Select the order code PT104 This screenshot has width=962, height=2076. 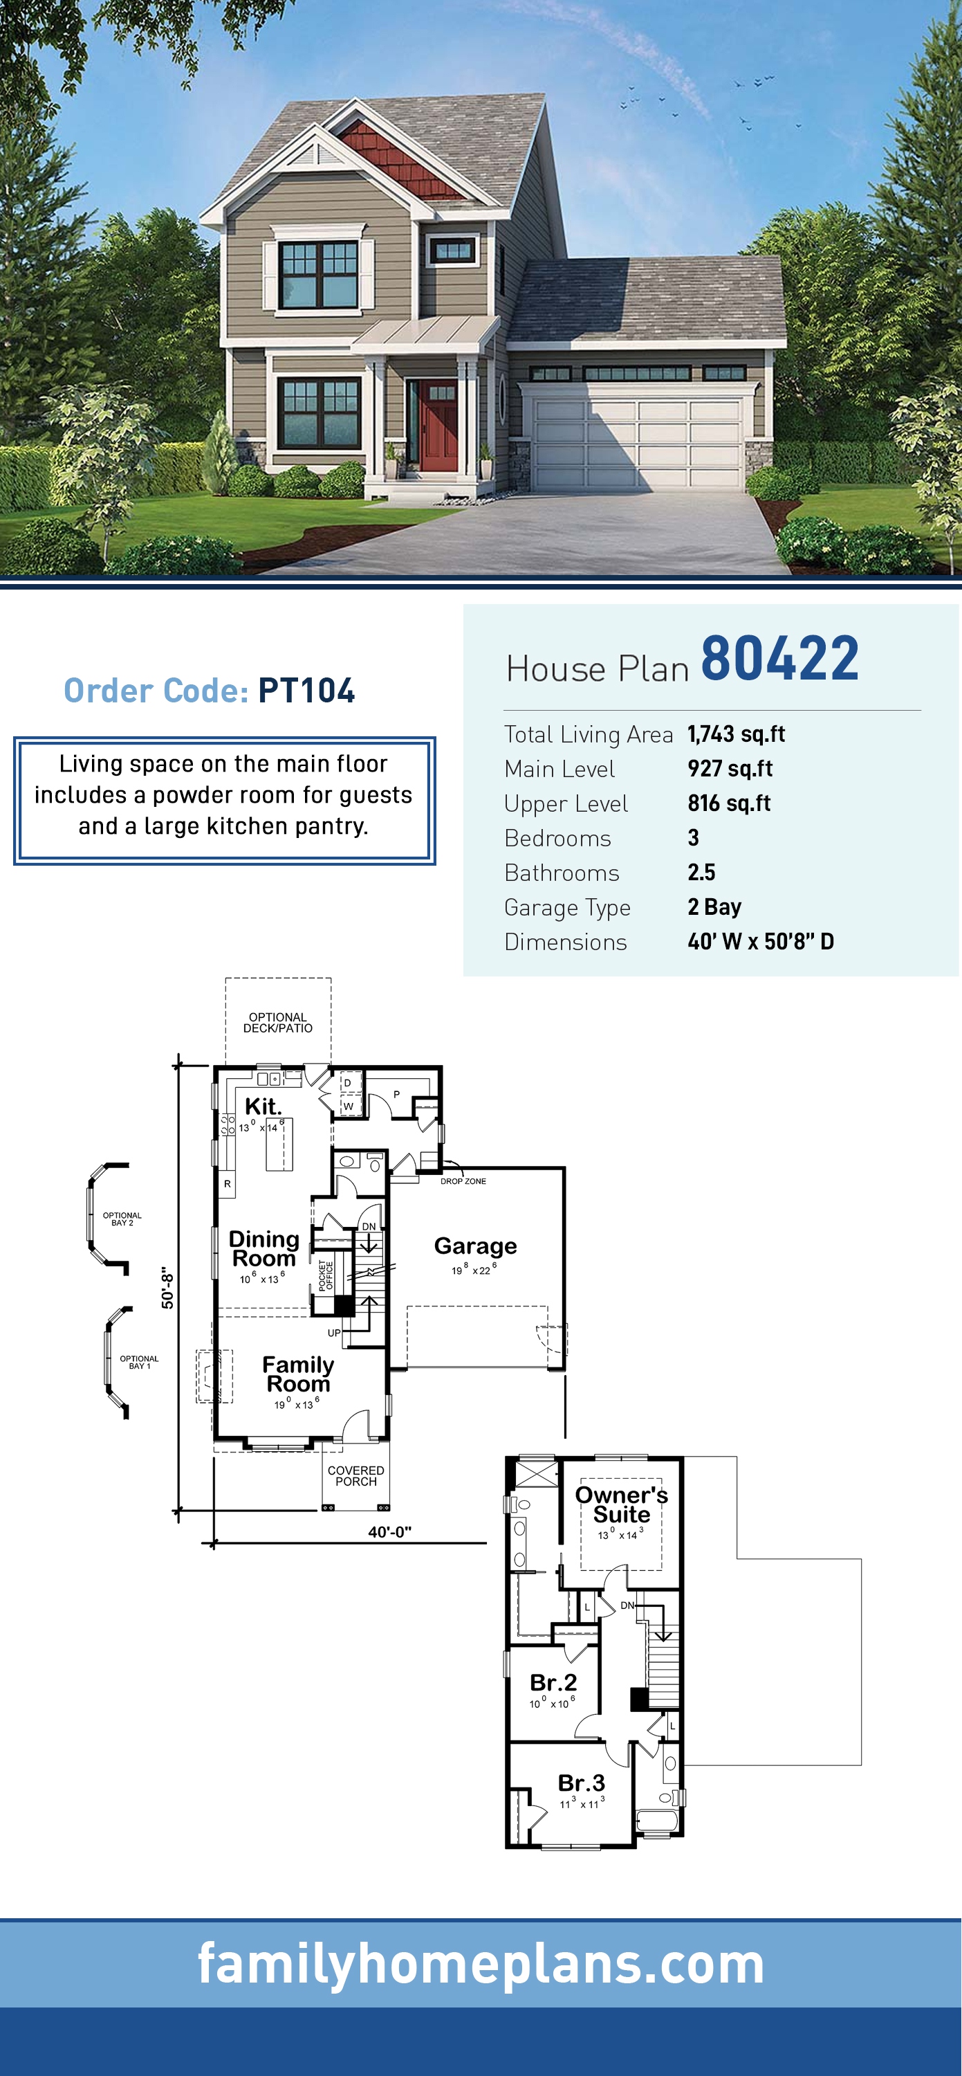[306, 690]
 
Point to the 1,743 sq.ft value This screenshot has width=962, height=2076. [737, 734]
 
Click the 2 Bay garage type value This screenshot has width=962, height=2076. [714, 907]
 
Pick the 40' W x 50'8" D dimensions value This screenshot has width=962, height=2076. [761, 941]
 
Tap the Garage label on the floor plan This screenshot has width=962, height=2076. [475, 1246]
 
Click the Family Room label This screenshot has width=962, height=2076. [298, 1374]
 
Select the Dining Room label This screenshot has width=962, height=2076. [263, 1248]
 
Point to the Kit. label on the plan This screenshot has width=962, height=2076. [263, 1106]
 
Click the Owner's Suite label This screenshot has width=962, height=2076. [621, 1504]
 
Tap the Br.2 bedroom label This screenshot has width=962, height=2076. [553, 1682]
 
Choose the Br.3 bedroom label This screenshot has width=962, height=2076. [581, 1783]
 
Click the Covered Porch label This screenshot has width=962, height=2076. [355, 1475]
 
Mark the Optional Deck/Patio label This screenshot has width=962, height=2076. [278, 1023]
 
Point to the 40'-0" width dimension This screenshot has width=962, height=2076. [390, 1532]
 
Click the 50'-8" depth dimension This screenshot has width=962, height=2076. [167, 1287]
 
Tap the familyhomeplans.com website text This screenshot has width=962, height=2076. [481, 1963]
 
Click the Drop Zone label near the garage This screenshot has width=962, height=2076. [463, 1181]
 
